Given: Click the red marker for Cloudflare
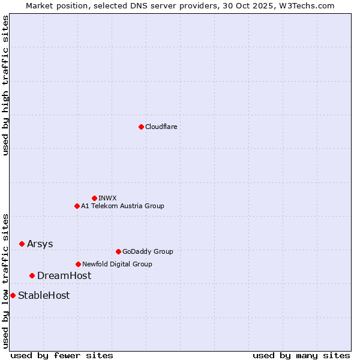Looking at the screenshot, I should [141, 127].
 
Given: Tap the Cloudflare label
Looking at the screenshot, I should [161, 127].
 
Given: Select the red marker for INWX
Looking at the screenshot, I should [94, 198].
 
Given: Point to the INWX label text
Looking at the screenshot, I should [107, 198].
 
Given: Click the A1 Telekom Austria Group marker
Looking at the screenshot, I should [77, 206].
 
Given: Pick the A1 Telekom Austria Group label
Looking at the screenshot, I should [122, 206].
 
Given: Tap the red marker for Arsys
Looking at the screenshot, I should [22, 244].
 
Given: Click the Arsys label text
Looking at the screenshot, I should [40, 244].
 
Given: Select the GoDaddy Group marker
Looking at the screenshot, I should [118, 251].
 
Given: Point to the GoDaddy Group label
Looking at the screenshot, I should [148, 251].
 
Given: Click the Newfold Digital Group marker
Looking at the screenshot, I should [78, 264].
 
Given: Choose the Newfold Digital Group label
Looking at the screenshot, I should [117, 264].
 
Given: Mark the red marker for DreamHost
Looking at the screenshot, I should [32, 275].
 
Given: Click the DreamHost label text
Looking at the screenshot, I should [64, 275].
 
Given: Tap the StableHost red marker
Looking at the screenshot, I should [13, 295].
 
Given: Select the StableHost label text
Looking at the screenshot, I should [44, 295].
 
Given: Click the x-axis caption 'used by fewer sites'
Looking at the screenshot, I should [62, 355].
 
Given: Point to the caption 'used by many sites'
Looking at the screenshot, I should [301, 355].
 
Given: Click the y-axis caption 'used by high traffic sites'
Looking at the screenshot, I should [5, 85].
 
